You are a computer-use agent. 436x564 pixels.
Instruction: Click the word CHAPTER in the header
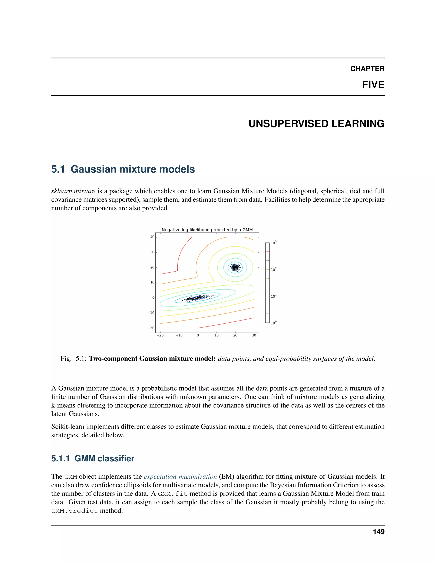[367, 69]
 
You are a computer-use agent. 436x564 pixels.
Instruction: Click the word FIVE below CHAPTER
[373, 85]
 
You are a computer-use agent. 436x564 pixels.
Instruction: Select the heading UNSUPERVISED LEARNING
[316, 124]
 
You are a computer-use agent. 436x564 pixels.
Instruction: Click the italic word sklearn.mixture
[73, 191]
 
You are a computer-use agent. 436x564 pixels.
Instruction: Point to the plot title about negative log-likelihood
[207, 230]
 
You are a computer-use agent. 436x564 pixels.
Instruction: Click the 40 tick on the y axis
[152, 237]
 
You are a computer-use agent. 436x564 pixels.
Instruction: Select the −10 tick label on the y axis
[151, 313]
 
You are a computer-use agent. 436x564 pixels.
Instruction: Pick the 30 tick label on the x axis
[254, 335]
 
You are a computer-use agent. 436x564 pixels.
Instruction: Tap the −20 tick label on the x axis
[160, 335]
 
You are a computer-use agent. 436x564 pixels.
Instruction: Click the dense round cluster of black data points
[235, 267]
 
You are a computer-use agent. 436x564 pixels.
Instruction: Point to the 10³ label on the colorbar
[274, 243]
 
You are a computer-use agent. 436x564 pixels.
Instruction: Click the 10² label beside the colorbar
[274, 270]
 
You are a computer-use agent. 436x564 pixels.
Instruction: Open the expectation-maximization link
[180, 477]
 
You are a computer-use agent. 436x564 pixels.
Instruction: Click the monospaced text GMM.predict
[74, 511]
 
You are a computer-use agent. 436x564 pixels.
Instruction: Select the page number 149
[378, 532]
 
